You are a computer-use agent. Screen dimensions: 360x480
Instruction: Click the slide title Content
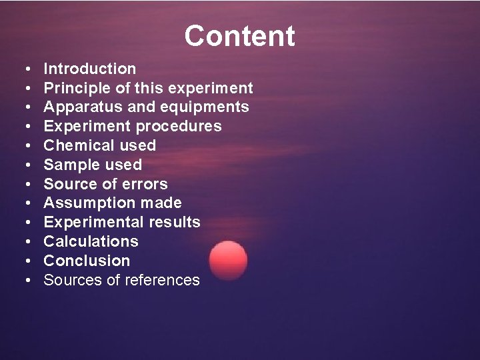(239, 36)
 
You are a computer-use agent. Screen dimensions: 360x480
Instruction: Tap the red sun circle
(228, 260)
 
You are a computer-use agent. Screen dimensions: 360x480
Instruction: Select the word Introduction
(89, 69)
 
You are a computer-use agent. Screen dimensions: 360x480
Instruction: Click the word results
(175, 222)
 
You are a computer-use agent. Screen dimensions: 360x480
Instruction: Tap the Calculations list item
(91, 241)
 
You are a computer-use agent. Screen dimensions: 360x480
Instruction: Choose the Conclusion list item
(87, 261)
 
